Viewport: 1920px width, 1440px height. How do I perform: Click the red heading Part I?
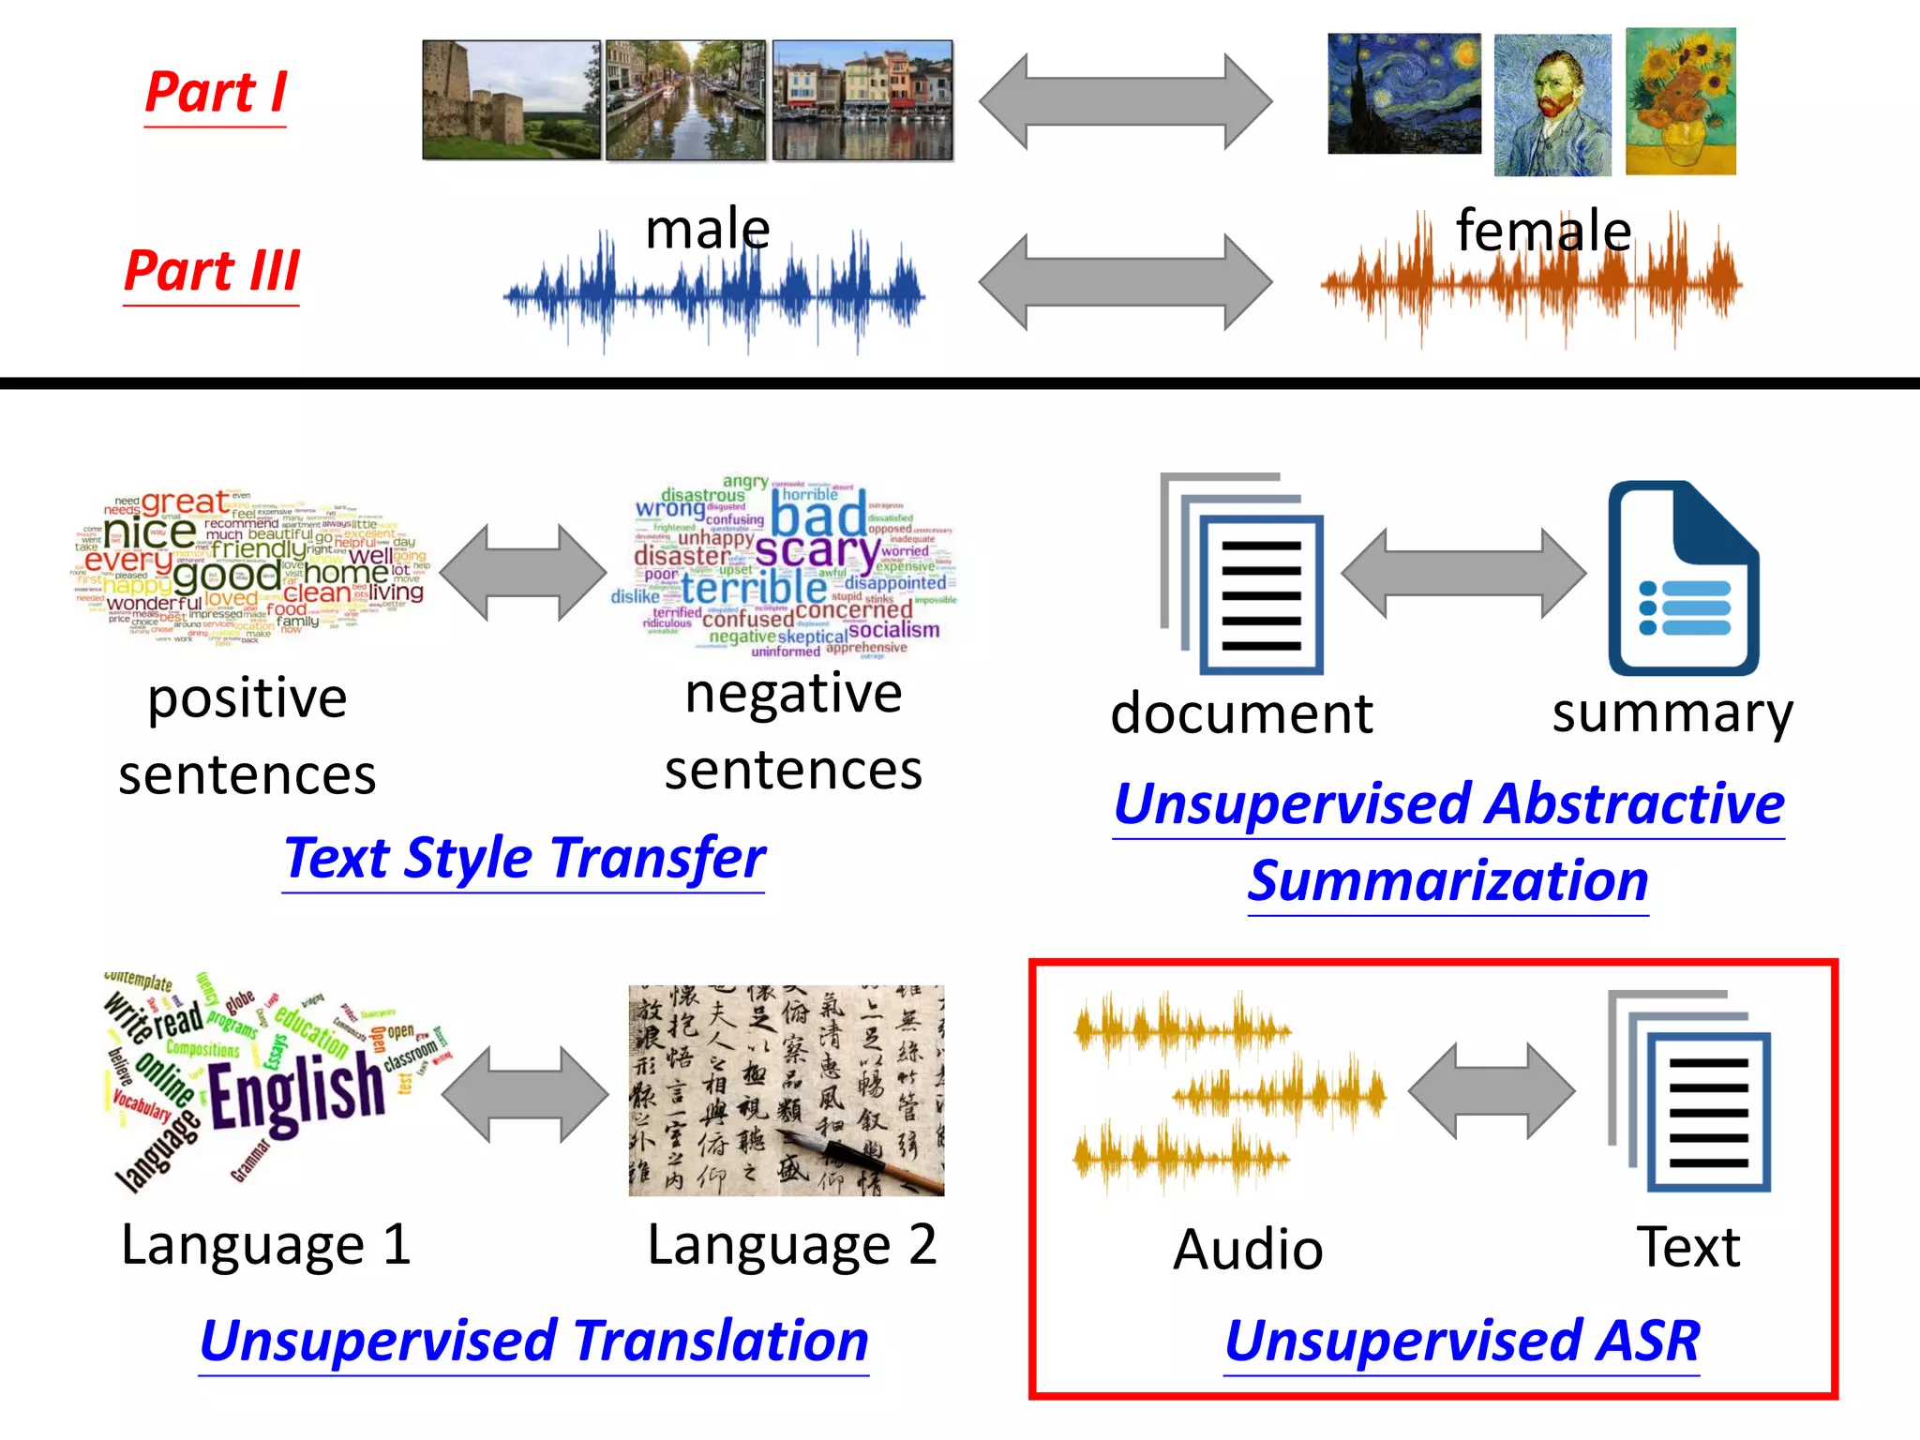click(216, 93)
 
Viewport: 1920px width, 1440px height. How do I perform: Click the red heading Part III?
click(212, 271)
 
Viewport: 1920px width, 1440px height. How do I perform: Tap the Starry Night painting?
click(1403, 94)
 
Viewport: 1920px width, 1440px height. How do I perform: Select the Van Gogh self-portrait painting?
click(1552, 105)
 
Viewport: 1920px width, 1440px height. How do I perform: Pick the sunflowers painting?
click(1680, 101)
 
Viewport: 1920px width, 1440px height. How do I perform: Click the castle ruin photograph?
click(511, 99)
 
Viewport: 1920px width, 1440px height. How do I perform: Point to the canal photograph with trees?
click(685, 100)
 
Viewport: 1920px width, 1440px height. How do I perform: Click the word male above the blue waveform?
click(708, 229)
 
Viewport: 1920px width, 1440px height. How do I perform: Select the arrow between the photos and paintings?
click(1125, 101)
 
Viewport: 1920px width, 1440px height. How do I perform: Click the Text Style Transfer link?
click(524, 858)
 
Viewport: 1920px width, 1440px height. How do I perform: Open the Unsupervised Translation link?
click(533, 1341)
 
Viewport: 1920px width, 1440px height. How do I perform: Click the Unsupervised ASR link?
click(1462, 1341)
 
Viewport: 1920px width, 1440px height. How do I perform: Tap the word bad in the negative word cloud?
click(818, 517)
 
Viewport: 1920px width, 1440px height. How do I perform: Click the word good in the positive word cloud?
click(226, 575)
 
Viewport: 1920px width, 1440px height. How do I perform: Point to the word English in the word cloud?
click(296, 1093)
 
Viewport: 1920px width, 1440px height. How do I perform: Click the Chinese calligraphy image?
click(786, 1090)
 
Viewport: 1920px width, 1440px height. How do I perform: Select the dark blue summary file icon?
click(1683, 578)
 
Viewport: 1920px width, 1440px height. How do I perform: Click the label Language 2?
click(791, 1245)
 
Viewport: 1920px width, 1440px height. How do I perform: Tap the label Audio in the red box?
click(1248, 1250)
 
